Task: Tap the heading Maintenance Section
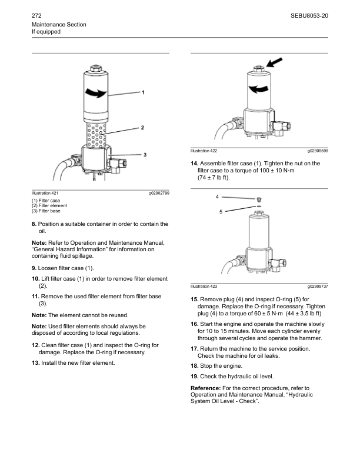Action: pyautogui.click(x=59, y=24)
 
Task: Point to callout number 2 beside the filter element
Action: pyautogui.click(x=143, y=127)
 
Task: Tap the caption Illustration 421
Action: pyautogui.click(x=45, y=193)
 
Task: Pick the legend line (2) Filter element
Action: pyautogui.click(x=49, y=205)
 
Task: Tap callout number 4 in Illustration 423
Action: pyautogui.click(x=218, y=197)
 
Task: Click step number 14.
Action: pyautogui.click(x=194, y=163)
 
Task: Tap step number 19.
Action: pyautogui.click(x=194, y=376)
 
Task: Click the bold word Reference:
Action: pyautogui.click(x=206, y=388)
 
